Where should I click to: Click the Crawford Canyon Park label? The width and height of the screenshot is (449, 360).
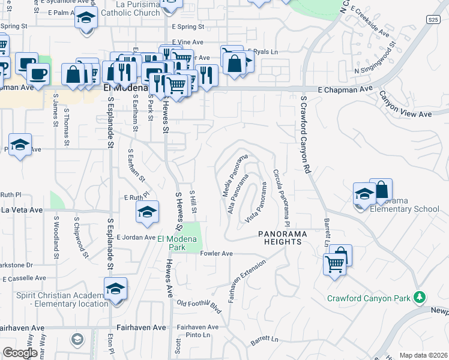(x=369, y=298)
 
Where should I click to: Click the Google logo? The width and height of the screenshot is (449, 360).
(x=20, y=353)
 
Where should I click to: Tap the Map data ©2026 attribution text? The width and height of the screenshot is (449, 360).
(x=423, y=355)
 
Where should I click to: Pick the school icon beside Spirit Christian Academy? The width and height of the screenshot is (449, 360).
(x=115, y=289)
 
